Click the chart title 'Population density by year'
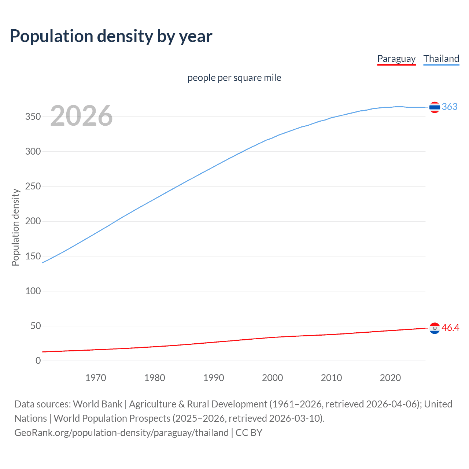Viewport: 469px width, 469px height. [x=111, y=36]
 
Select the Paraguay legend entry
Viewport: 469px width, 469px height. [x=396, y=59]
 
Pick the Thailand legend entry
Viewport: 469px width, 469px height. [x=441, y=59]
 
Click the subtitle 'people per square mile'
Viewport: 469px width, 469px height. [x=234, y=78]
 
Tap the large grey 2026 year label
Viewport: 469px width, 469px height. [x=81, y=116]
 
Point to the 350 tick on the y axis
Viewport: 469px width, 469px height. [x=33, y=117]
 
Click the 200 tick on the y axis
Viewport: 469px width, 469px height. [x=33, y=221]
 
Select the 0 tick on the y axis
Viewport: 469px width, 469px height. [x=38, y=361]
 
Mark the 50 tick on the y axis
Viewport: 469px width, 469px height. [x=36, y=326]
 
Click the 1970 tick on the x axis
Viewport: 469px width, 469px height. [x=96, y=378]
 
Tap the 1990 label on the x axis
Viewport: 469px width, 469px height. [x=214, y=378]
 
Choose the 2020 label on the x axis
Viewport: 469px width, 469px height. [x=390, y=378]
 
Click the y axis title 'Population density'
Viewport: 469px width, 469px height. [x=15, y=227]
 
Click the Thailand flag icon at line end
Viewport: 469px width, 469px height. [x=435, y=107]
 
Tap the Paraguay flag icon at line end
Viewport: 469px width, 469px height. [x=435, y=328]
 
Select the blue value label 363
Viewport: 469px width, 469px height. [x=450, y=107]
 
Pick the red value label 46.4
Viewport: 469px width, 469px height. [x=450, y=328]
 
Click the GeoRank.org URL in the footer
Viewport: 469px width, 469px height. [x=121, y=433]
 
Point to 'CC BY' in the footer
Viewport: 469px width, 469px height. [x=249, y=433]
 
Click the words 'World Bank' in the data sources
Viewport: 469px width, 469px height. [x=97, y=404]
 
